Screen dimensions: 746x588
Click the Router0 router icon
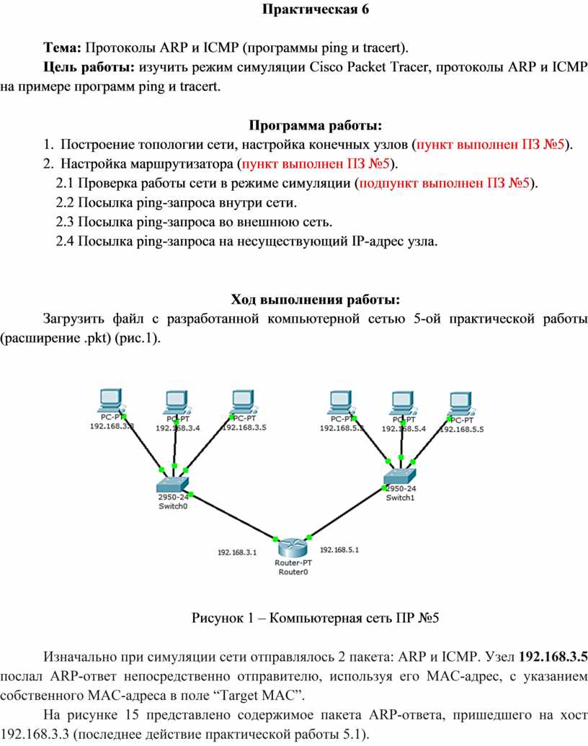[x=292, y=546]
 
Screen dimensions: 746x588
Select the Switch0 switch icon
[x=173, y=483]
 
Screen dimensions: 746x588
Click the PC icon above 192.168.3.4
[x=175, y=402]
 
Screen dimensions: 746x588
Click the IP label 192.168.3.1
[x=237, y=553]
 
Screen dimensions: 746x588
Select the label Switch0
[x=173, y=505]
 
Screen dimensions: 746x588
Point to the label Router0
[x=293, y=572]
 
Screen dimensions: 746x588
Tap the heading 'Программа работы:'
[x=315, y=126]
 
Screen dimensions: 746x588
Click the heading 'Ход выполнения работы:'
[x=314, y=299]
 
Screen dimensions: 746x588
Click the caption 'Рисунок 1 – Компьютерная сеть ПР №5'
[x=315, y=618]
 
